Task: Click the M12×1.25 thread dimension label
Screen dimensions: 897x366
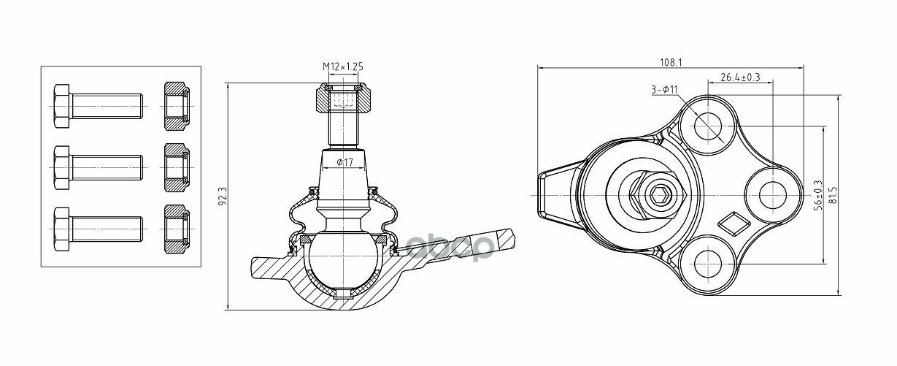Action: click(x=343, y=66)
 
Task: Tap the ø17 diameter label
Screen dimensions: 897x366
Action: click(x=344, y=162)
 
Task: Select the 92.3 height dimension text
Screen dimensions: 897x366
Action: click(x=223, y=196)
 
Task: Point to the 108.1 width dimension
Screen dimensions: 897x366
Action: click(x=671, y=62)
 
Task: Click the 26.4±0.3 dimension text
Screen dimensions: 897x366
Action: click(x=740, y=77)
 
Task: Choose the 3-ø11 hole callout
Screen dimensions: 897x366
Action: click(x=664, y=89)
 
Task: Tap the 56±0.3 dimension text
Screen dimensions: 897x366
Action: click(x=818, y=195)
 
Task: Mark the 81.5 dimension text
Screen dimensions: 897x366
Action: click(x=834, y=195)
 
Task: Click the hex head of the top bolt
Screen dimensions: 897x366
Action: click(x=61, y=106)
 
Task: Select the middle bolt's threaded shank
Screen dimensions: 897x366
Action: click(x=107, y=167)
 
